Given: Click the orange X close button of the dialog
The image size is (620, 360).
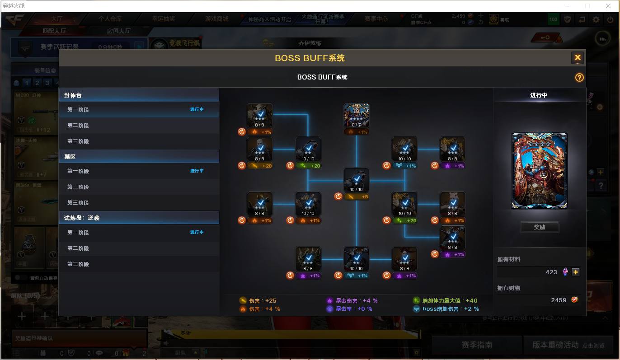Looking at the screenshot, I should tap(577, 58).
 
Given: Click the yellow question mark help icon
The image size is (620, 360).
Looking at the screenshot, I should tap(579, 77).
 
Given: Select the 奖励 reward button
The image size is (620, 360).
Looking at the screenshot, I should tap(540, 227).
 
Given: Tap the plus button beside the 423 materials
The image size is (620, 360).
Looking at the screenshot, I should tap(575, 272).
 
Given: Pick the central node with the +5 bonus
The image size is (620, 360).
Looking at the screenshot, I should tap(356, 181).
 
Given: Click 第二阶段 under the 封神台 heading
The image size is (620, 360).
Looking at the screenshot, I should tap(78, 126).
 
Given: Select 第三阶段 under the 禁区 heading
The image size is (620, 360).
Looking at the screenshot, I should tap(78, 203).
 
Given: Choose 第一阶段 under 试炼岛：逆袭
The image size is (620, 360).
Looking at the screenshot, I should tap(78, 233).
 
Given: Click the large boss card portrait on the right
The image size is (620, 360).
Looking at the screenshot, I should tap(539, 171).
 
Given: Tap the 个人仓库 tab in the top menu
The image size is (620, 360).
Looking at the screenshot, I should tap(110, 19).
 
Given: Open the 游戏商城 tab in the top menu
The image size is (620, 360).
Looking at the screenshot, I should tap(216, 19).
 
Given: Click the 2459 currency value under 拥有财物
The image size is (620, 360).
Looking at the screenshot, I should tap(559, 300).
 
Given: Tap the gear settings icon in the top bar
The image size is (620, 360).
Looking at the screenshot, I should tap(596, 19).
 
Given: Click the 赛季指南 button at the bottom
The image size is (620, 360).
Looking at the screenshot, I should tap(476, 345).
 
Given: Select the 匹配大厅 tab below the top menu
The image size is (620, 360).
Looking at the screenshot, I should tap(54, 31).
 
